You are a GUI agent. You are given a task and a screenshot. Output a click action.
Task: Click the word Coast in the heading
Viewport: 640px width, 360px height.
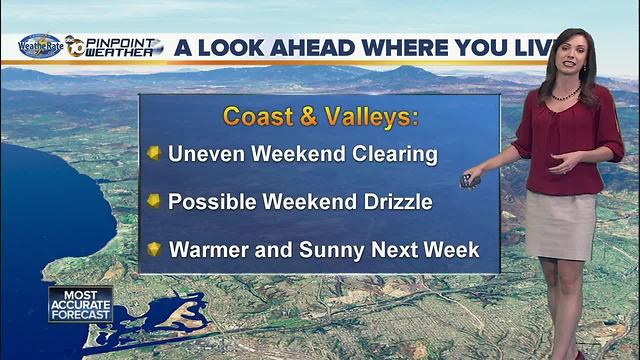255,116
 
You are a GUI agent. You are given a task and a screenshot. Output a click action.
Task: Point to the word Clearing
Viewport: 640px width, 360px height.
395,154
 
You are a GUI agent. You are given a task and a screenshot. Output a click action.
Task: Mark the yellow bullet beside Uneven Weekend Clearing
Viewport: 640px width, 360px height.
154,154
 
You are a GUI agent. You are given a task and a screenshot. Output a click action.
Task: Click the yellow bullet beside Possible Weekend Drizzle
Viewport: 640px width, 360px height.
154,201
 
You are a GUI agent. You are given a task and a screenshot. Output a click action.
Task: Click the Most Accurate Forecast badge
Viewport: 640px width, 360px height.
80,304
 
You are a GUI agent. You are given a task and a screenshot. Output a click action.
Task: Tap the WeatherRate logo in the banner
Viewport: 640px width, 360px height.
41,47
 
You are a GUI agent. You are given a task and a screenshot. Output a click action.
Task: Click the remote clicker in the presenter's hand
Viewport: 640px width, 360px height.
466,180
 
